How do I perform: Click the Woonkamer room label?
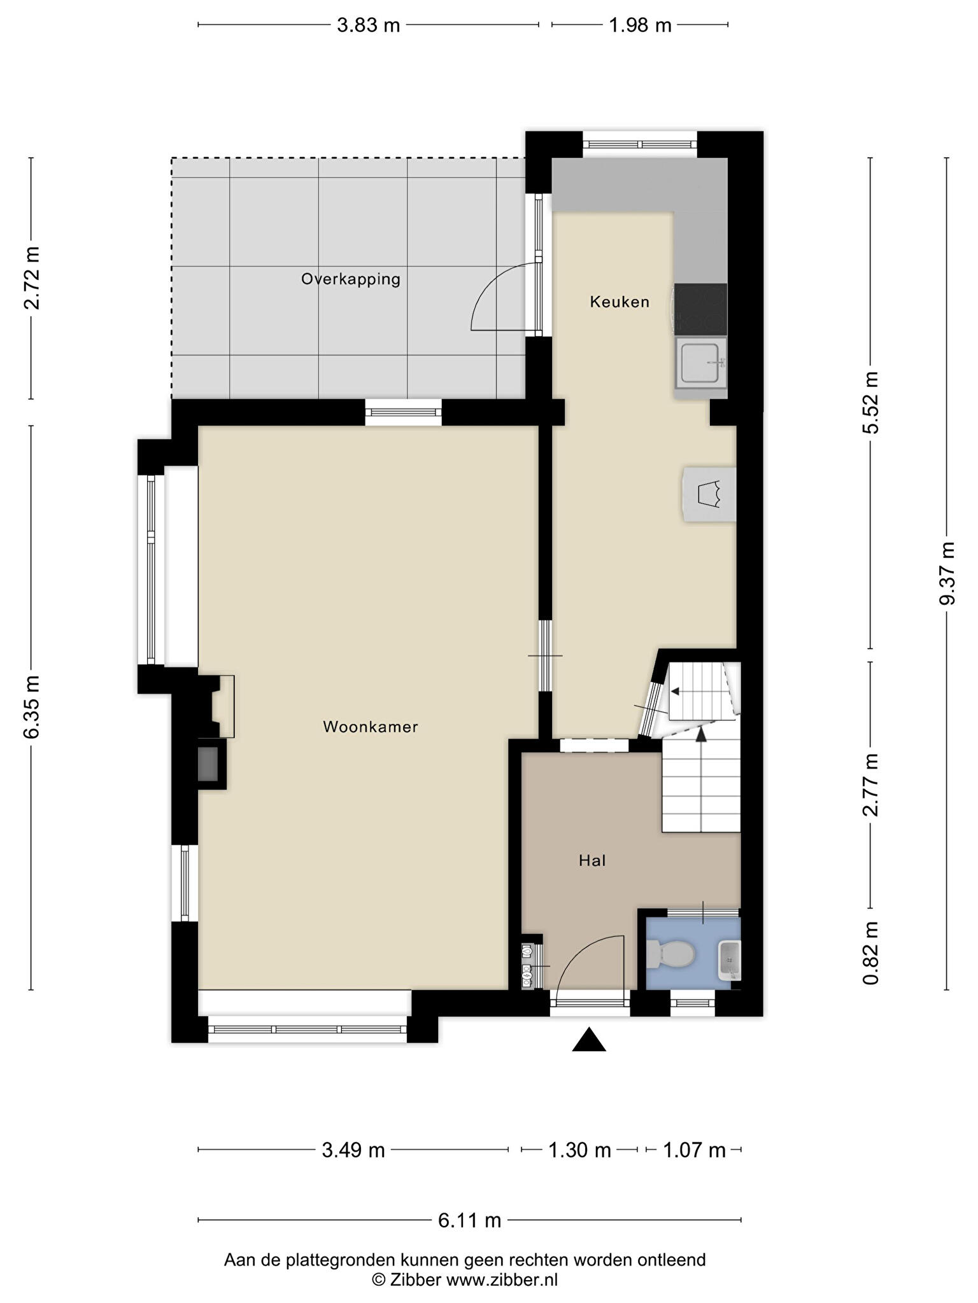(x=370, y=727)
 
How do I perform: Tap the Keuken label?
(x=620, y=302)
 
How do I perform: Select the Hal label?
(x=592, y=861)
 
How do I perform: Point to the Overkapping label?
(x=351, y=279)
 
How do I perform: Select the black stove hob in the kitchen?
(x=700, y=309)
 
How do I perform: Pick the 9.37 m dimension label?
(x=947, y=574)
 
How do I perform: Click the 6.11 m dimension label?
(x=469, y=1220)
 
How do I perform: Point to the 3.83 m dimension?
(x=368, y=25)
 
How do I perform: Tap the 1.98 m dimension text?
(x=640, y=25)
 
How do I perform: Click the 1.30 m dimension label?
(x=579, y=1150)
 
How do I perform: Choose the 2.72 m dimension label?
(x=31, y=278)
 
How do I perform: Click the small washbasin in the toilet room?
(x=730, y=960)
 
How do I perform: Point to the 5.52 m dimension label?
(x=870, y=403)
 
